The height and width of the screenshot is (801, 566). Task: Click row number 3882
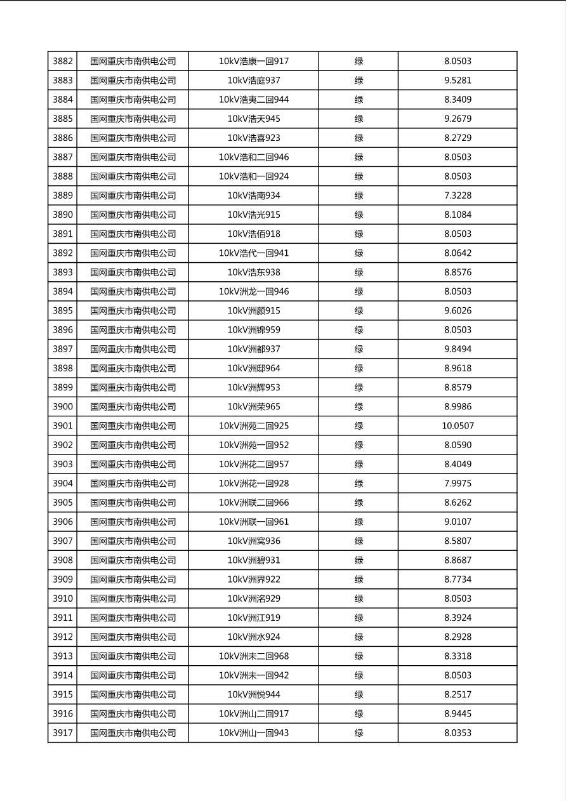pos(63,62)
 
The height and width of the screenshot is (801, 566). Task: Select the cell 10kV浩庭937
pos(254,81)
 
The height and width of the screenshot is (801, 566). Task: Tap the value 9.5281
pos(457,81)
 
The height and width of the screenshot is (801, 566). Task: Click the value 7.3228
pos(457,195)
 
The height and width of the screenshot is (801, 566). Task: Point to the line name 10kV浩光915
pos(254,215)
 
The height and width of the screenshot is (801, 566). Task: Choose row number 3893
pos(63,272)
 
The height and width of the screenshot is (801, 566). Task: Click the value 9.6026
pos(457,310)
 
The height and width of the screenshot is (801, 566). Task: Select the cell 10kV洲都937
pos(254,349)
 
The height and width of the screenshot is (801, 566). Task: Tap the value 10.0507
pos(457,426)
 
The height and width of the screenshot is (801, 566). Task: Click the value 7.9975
pos(457,483)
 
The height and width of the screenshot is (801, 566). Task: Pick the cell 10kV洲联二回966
pos(254,503)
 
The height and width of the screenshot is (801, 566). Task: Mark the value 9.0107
pos(457,522)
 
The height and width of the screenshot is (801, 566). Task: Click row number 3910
pos(63,599)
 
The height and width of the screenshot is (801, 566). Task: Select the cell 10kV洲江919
pos(254,618)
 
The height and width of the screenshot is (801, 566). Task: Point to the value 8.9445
pos(457,713)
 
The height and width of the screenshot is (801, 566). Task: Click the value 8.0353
pos(457,732)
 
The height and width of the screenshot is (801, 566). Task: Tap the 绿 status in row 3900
pos(359,407)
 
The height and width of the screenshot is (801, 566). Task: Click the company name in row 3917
pos(133,732)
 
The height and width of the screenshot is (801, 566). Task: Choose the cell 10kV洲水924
pos(254,637)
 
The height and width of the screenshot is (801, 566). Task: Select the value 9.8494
pos(457,349)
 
